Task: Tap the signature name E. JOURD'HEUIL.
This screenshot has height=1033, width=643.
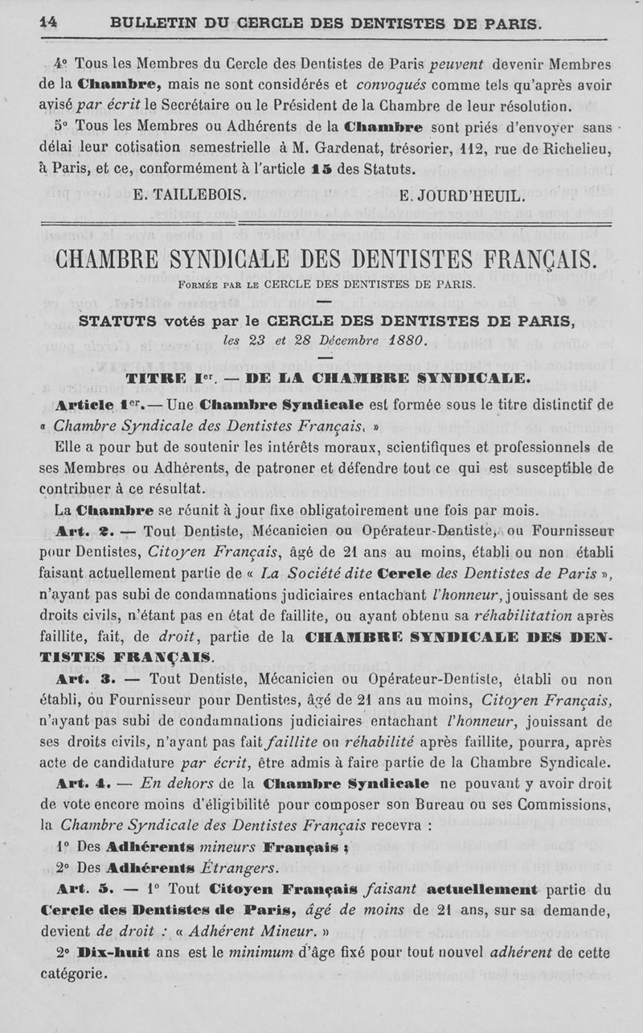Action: tap(462, 195)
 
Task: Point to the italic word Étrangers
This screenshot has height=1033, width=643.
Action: tap(237, 868)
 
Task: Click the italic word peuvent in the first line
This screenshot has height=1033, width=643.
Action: tap(466, 64)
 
